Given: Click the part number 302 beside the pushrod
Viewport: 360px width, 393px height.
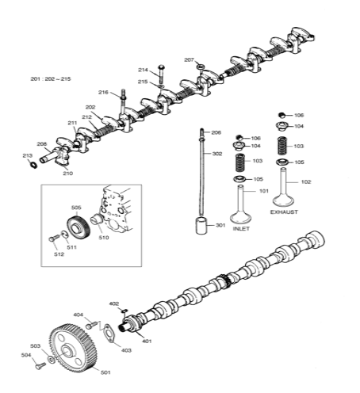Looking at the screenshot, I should [217, 154].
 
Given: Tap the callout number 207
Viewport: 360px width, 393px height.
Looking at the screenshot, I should [189, 59].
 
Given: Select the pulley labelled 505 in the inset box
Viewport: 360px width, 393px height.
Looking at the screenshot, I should [77, 230].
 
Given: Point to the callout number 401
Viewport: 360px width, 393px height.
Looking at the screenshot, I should [147, 341].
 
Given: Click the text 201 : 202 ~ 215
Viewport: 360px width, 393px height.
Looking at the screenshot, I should [51, 79].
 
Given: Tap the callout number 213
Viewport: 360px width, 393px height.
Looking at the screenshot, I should [27, 155].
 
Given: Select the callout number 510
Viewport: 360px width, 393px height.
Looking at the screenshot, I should [104, 237].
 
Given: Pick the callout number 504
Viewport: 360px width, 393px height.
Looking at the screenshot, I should [26, 355].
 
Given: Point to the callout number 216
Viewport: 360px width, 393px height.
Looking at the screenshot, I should [103, 93].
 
